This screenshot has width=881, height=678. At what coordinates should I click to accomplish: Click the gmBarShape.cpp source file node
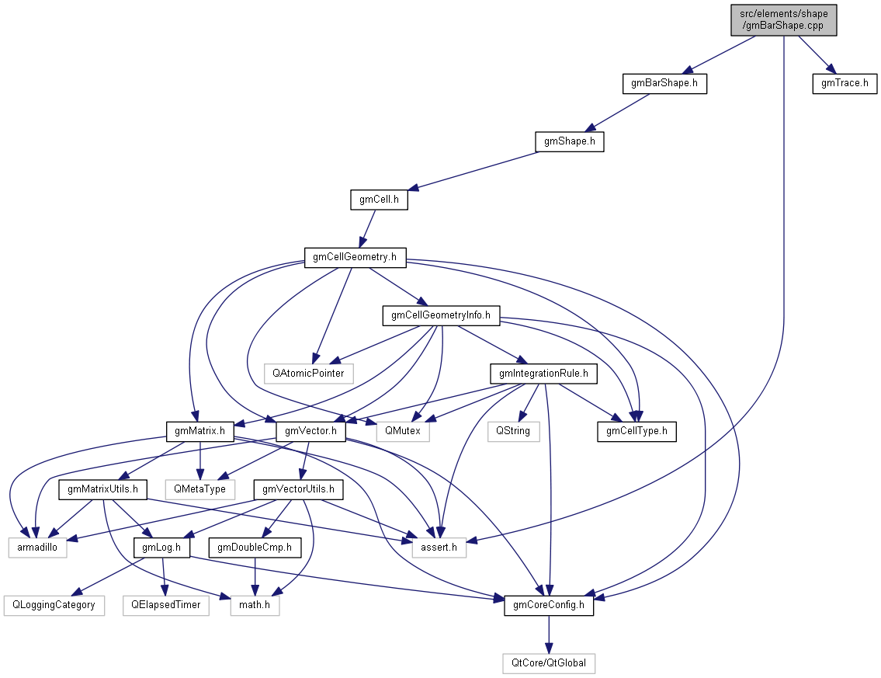click(784, 19)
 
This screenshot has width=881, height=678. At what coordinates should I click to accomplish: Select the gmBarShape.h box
click(665, 83)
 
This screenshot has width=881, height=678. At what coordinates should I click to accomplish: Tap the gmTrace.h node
click(845, 83)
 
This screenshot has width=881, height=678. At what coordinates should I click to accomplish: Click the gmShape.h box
click(569, 141)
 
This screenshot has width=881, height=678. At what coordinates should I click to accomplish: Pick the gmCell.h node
click(379, 200)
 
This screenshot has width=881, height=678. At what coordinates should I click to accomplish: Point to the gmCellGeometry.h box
click(355, 257)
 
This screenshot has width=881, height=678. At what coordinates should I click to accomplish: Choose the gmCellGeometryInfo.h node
click(441, 315)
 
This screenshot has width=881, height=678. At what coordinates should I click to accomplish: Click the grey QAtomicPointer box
click(308, 374)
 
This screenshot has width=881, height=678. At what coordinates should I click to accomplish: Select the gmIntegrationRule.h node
click(543, 374)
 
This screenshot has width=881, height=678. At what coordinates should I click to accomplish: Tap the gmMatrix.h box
click(200, 430)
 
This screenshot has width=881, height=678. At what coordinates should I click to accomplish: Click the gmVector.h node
click(310, 430)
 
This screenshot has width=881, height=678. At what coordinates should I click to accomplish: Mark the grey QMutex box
click(402, 430)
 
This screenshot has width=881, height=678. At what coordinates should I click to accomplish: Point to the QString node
click(513, 430)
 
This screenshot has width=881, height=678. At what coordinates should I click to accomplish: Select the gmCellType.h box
click(636, 430)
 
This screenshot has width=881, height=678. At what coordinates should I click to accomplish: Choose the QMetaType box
click(200, 489)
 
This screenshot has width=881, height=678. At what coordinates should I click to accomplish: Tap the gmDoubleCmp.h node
click(258, 548)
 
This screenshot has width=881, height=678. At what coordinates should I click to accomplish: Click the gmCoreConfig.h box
click(549, 606)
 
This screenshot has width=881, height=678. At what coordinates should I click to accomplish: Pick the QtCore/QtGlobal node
click(549, 663)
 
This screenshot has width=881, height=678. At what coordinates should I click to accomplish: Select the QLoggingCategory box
click(54, 605)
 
